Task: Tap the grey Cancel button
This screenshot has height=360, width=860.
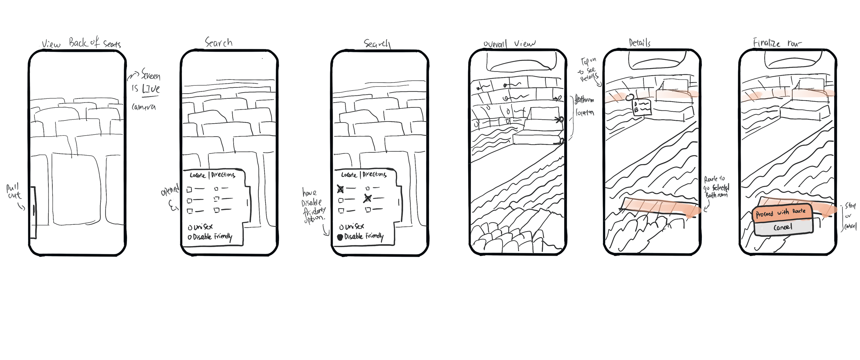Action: coord(783,227)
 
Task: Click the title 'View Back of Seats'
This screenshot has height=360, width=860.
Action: coord(81,43)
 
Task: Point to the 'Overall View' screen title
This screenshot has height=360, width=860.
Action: coord(509,44)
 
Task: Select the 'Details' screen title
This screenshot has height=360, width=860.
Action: coord(639,43)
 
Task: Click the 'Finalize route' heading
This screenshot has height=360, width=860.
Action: coord(777,43)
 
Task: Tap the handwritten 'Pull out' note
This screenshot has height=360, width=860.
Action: coord(14,192)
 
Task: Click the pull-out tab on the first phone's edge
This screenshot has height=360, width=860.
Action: coord(33,212)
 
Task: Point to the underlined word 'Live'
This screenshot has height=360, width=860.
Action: coord(151,89)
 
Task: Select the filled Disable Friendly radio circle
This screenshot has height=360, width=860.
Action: coord(340,237)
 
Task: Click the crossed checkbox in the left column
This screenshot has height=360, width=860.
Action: coord(340,189)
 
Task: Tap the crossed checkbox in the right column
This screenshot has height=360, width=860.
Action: coord(368,198)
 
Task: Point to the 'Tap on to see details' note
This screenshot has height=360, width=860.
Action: coord(589,70)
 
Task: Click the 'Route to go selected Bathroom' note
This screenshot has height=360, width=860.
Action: coord(716,187)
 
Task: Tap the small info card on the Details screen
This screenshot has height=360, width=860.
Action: coord(642,107)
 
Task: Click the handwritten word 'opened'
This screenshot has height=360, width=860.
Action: coord(170,190)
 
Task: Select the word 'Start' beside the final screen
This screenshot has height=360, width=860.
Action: coord(850,206)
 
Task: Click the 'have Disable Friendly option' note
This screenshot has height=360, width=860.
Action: coord(313,206)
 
